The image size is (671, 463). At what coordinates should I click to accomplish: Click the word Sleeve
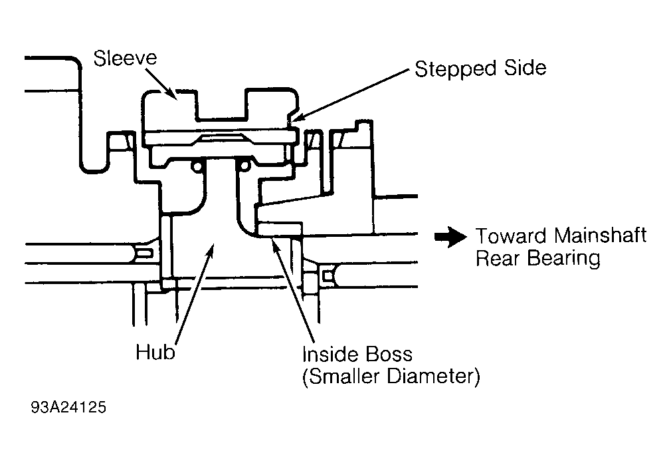(126, 59)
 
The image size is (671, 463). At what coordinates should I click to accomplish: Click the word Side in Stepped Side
(525, 68)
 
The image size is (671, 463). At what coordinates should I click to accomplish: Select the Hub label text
(155, 352)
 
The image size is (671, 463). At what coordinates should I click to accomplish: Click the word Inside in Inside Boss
(330, 354)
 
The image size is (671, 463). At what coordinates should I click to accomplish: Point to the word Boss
(389, 354)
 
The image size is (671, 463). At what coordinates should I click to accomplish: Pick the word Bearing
(563, 259)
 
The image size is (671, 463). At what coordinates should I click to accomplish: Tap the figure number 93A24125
(68, 407)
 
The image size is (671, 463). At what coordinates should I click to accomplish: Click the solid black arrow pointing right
(450, 237)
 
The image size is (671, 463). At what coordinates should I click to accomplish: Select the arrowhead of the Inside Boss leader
(274, 246)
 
